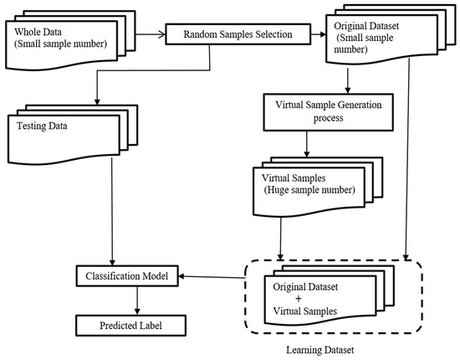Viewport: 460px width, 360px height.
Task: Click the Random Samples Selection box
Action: click(x=238, y=34)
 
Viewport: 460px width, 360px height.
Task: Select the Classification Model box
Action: click(x=127, y=276)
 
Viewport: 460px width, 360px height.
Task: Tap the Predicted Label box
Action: click(x=130, y=326)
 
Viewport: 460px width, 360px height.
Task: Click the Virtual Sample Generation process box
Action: click(x=329, y=112)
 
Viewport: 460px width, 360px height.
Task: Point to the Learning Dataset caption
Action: click(x=320, y=350)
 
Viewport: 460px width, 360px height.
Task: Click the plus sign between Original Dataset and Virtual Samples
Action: click(x=299, y=299)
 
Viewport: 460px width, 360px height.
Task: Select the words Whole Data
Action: click(x=38, y=32)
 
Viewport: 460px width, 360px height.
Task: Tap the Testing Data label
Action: click(x=42, y=126)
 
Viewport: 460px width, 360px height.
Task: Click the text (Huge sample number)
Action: click(x=309, y=190)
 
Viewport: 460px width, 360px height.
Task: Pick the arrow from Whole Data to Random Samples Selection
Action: click(x=151, y=34)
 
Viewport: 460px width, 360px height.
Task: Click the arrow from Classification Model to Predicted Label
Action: click(x=137, y=301)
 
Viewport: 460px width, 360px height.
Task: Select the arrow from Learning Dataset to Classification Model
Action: click(x=212, y=277)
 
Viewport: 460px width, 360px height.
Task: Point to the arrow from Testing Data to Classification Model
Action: click(x=112, y=212)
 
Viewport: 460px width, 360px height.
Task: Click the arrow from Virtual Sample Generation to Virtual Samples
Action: click(x=307, y=144)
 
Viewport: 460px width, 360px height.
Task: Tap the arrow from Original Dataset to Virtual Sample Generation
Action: click(x=348, y=81)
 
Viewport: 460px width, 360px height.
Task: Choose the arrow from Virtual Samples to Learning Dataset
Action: click(x=280, y=239)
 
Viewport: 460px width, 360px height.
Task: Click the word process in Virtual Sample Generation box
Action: click(x=329, y=118)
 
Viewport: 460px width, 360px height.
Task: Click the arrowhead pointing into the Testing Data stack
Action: click(x=97, y=101)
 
